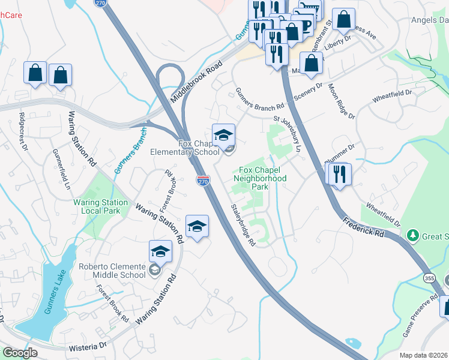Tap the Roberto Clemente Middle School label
112,270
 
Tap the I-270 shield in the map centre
202,179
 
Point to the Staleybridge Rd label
244,225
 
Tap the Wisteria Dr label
91,345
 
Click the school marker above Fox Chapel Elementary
223,135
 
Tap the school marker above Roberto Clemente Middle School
160,251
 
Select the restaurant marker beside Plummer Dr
340,175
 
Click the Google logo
20,353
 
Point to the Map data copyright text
423,355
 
